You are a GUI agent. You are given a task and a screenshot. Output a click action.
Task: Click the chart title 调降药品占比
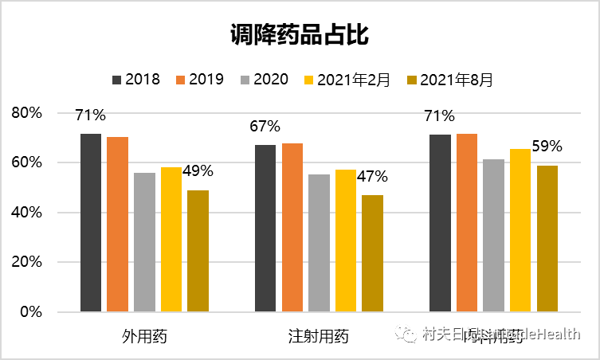[300, 35]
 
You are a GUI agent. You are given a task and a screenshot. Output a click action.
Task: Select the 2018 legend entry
[136, 80]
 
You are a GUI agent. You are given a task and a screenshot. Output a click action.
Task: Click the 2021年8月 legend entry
[449, 80]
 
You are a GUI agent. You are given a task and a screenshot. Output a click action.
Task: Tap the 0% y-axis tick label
[31, 311]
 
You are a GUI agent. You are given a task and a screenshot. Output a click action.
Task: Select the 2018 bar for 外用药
[91, 222]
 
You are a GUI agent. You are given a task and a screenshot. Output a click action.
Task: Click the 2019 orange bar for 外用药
[118, 224]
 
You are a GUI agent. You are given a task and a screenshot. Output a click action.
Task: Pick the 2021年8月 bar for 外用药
[198, 251]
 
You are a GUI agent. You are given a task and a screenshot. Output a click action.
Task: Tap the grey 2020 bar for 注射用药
[319, 243]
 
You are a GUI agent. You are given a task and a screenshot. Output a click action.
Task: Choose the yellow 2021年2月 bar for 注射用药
[346, 241]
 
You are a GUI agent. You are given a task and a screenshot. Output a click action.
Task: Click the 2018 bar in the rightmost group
[440, 223]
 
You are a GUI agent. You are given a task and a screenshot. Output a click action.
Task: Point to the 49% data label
[198, 170]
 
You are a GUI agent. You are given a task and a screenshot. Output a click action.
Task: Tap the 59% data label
[547, 147]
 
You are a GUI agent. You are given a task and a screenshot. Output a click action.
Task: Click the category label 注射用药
[319, 335]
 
